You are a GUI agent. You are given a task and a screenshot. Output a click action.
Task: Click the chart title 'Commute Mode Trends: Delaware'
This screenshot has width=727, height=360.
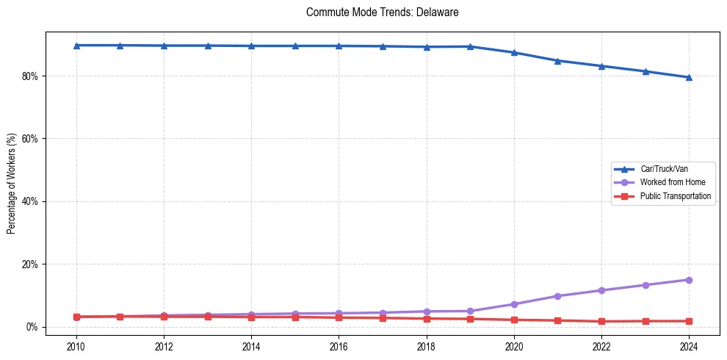(382, 12)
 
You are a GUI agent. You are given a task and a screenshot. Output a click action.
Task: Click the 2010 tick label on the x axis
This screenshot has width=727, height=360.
(76, 346)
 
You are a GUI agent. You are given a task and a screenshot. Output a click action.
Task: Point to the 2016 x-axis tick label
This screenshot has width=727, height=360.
(339, 346)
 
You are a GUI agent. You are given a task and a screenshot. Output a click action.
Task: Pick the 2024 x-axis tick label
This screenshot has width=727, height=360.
(689, 346)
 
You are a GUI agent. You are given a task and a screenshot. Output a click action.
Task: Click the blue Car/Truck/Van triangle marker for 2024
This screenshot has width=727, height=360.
(689, 77)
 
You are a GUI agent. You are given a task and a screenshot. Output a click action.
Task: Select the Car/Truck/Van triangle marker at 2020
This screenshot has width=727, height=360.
(514, 52)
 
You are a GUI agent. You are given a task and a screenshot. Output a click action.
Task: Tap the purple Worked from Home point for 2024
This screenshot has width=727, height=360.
(689, 280)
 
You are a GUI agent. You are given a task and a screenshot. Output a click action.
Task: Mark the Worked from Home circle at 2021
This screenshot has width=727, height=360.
(557, 296)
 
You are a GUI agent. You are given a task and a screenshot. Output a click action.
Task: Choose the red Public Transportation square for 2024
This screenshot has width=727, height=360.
(689, 321)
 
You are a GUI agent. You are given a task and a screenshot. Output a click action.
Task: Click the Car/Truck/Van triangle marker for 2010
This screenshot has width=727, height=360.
(76, 46)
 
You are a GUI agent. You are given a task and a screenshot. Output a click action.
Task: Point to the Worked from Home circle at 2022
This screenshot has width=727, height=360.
(601, 290)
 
